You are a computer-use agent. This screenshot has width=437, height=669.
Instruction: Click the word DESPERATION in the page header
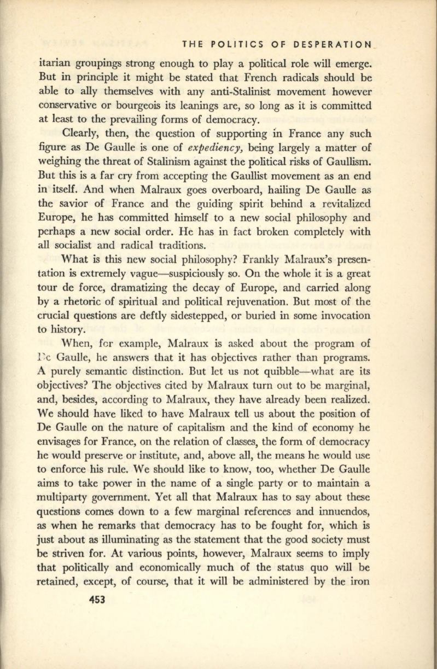(328, 42)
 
